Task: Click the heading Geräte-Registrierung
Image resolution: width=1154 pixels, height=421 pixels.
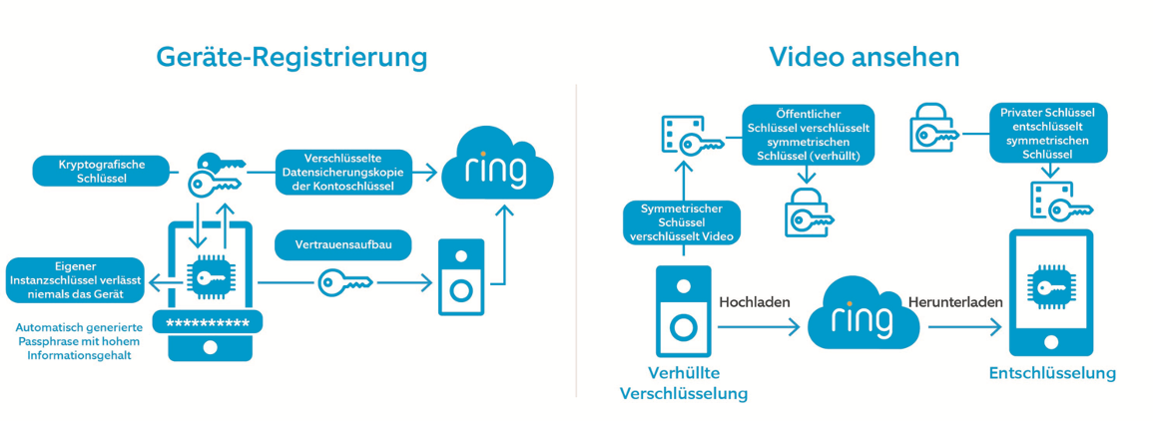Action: (291, 57)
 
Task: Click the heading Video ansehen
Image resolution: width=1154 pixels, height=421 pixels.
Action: (864, 57)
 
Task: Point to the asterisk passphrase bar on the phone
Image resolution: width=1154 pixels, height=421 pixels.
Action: (208, 321)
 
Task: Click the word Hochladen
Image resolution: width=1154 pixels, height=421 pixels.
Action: (755, 300)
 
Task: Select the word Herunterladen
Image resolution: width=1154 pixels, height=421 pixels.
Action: (954, 300)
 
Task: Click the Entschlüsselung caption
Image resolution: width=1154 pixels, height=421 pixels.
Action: (1052, 373)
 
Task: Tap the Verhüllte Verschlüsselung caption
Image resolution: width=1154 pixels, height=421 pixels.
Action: (684, 383)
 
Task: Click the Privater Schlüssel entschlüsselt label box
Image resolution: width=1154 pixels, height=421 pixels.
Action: (1047, 134)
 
